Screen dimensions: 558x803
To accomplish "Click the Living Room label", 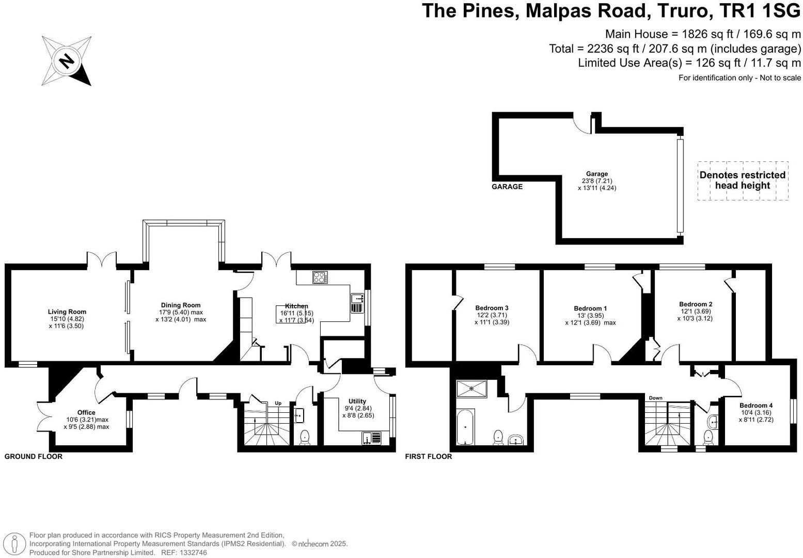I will tap(67, 312).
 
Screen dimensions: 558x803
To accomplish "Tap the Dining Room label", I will tap(180, 305).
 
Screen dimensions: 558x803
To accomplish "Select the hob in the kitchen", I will tap(320, 277).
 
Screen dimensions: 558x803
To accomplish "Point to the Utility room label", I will tap(357, 401).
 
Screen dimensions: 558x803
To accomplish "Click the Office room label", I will tap(86, 412).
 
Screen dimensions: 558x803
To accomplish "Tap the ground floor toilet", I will tap(305, 437).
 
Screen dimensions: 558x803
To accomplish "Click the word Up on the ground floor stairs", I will tap(278, 403).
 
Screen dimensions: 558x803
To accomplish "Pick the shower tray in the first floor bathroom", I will tap(470, 390).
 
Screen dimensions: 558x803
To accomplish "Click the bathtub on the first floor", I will tap(465, 427).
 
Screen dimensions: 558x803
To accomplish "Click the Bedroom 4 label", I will tap(755, 406).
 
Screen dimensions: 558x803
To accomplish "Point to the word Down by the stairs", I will tap(655, 398).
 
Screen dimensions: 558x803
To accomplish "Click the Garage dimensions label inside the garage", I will tap(597, 181).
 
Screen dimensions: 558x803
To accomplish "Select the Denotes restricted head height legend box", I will tap(743, 180).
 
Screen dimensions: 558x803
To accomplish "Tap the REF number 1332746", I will tap(192, 552).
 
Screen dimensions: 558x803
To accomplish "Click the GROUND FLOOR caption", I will tap(33, 456).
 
